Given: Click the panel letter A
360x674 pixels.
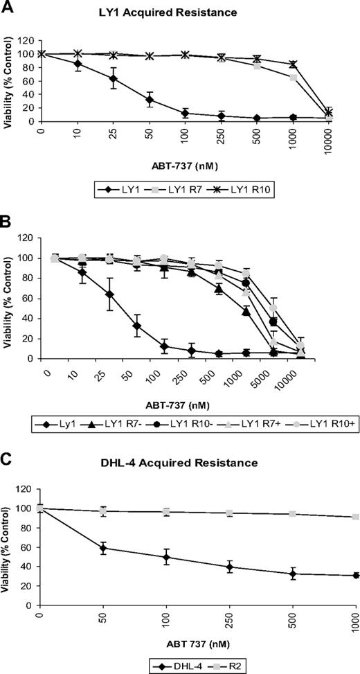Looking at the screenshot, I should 8,8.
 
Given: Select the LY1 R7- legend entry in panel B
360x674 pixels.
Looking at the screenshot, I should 116,421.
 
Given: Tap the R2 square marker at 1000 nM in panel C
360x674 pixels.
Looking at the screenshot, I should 355,516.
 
